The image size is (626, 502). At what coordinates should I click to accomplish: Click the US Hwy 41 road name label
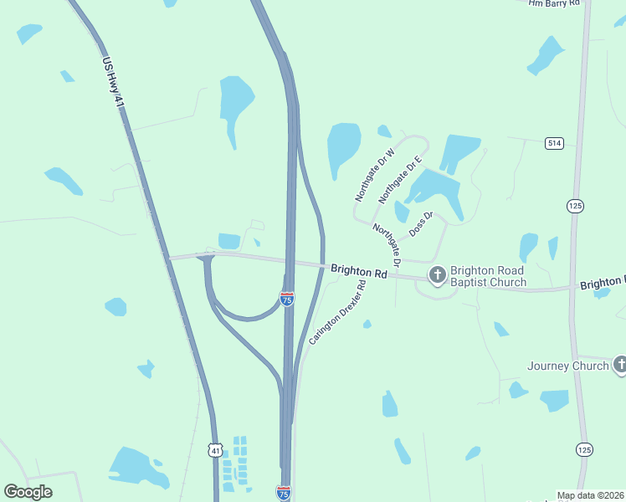coord(113,82)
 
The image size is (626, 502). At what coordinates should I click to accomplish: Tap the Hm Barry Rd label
coord(554,3)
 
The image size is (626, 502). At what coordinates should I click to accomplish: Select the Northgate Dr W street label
coord(374,175)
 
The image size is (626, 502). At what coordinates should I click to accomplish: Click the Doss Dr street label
coord(421,223)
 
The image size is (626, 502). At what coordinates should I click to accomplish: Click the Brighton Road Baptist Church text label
coord(488,276)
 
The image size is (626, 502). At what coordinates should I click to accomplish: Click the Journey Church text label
coord(568,366)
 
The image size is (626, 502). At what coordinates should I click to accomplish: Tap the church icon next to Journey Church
coord(620,364)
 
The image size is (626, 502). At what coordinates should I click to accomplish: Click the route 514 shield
coord(554,144)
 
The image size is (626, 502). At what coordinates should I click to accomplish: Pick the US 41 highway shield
coord(216,450)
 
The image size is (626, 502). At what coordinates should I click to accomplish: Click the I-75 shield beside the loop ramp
coord(287,299)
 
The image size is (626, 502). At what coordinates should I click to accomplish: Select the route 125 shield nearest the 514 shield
coord(574,206)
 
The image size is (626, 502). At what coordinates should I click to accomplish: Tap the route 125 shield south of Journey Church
coord(582,450)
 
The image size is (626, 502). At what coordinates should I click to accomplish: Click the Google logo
coord(28,491)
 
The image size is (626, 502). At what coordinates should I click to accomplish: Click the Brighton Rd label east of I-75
coord(358,271)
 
